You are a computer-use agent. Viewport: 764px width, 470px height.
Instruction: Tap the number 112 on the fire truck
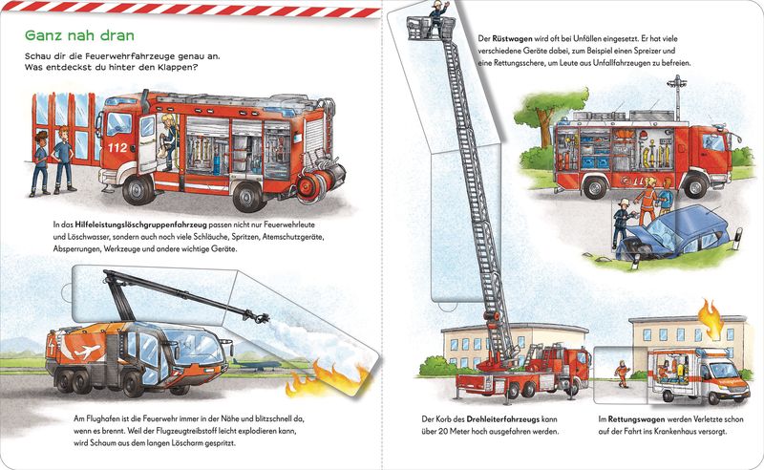[x=117, y=148]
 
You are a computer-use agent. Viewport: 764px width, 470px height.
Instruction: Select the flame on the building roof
[x=710, y=316]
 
